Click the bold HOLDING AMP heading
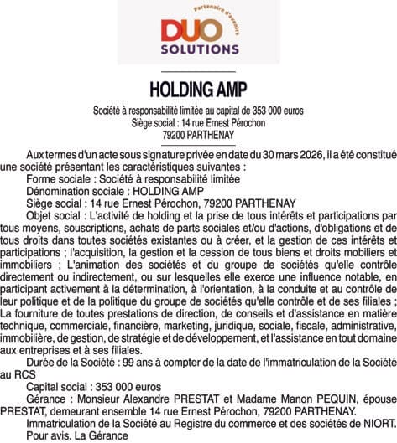[x=198, y=90]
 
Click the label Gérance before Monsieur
[x=47, y=399]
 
